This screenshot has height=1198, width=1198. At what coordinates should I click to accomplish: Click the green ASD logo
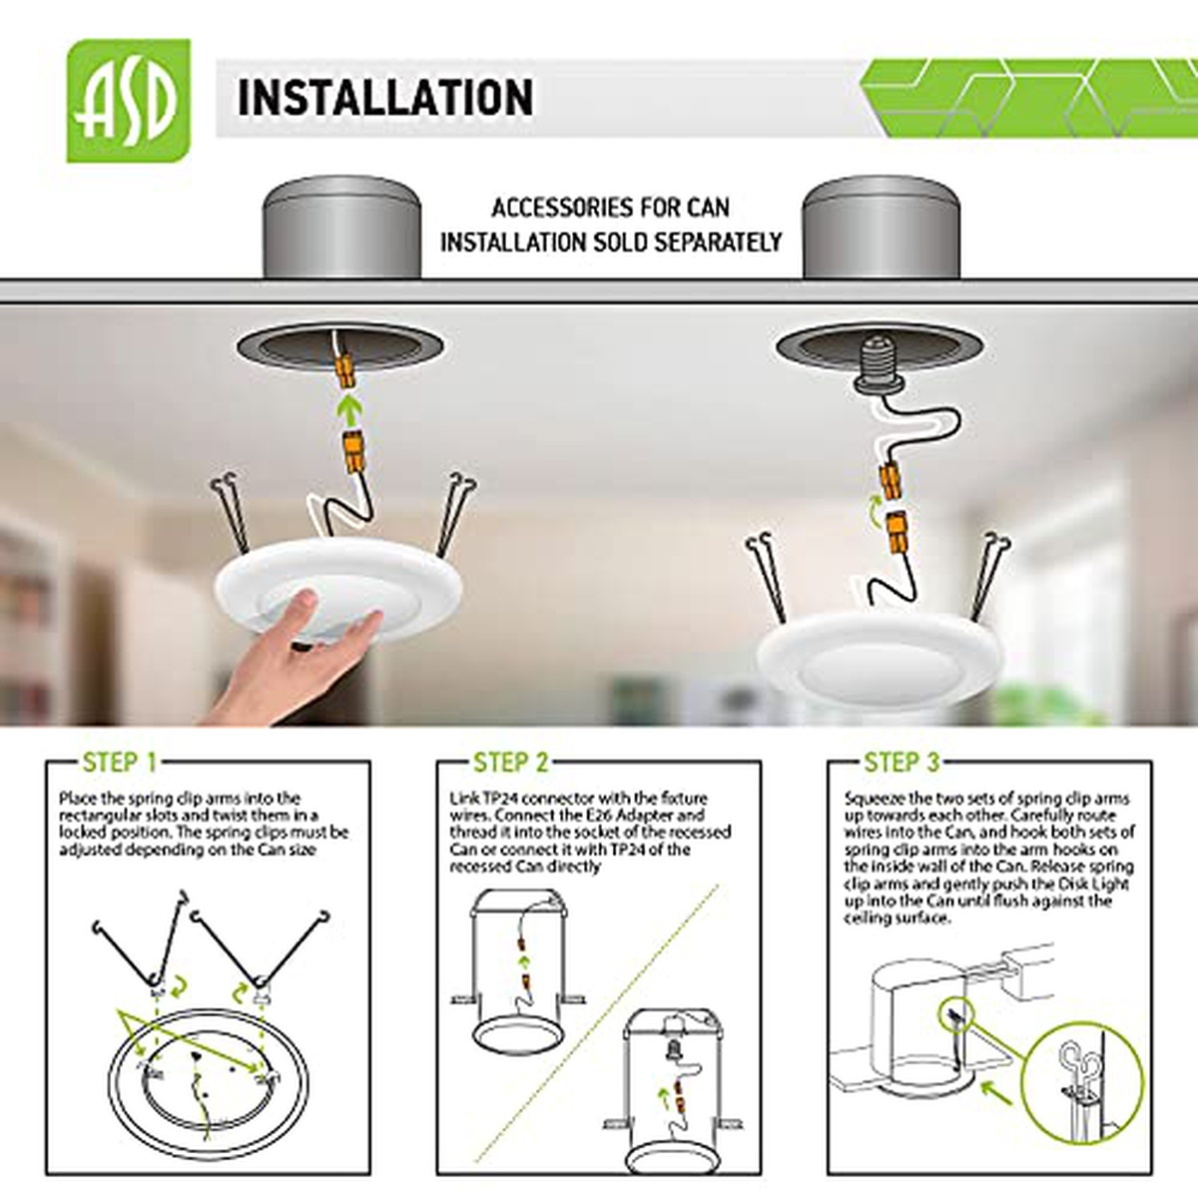tap(129, 101)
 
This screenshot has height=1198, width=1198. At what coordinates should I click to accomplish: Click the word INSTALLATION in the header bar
tap(385, 98)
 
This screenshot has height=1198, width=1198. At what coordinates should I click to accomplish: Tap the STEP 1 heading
tap(120, 762)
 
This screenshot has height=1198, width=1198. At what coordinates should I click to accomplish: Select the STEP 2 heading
tap(510, 762)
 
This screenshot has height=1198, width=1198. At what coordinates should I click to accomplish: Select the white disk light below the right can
tap(881, 660)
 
